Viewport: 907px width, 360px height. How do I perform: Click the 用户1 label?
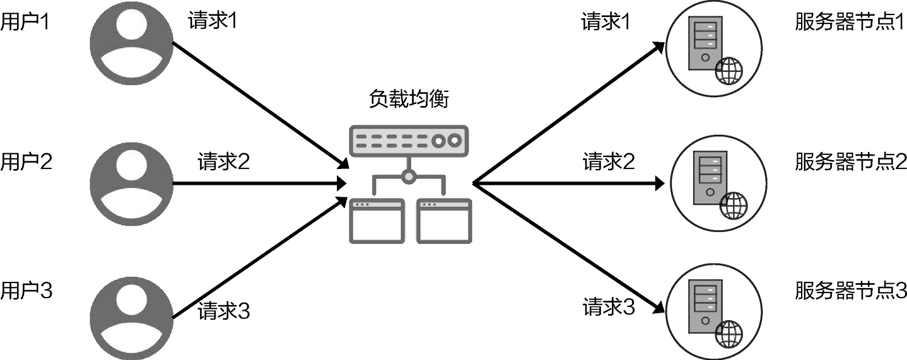click(x=25, y=23)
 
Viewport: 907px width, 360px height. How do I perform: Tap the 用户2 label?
click(x=25, y=163)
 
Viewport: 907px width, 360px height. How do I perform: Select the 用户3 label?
click(x=25, y=291)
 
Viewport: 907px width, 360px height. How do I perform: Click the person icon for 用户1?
click(x=131, y=44)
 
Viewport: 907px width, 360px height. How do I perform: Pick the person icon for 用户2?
click(x=131, y=183)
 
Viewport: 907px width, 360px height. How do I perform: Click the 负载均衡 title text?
click(x=409, y=100)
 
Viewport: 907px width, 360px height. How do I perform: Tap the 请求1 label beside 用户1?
click(x=213, y=21)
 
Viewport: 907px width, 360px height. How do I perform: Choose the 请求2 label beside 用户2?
click(x=224, y=162)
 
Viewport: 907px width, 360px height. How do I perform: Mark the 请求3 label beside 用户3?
click(x=224, y=311)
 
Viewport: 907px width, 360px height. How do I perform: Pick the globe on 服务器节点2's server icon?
click(x=732, y=205)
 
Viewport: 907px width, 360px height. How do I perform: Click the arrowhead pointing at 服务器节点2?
click(x=660, y=183)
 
